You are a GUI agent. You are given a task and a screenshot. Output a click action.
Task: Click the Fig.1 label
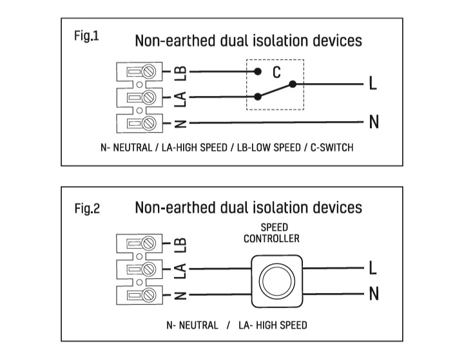click(x=86, y=36)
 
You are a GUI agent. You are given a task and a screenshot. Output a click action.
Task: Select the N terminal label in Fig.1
click(x=373, y=122)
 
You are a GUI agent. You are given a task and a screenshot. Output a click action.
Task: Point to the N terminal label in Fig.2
click(x=373, y=295)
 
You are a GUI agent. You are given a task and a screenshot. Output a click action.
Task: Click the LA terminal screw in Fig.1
click(x=149, y=97)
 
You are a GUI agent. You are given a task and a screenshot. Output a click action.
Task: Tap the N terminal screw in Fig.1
click(x=149, y=122)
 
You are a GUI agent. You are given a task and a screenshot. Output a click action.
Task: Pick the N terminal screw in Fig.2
click(x=149, y=295)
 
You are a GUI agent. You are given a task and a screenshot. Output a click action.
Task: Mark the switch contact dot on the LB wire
click(x=258, y=72)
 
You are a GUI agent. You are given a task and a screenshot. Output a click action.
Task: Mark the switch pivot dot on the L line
click(x=293, y=84)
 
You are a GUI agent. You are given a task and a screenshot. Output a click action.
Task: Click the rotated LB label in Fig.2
click(x=181, y=244)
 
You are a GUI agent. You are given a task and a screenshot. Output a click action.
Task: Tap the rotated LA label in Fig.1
click(x=181, y=98)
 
